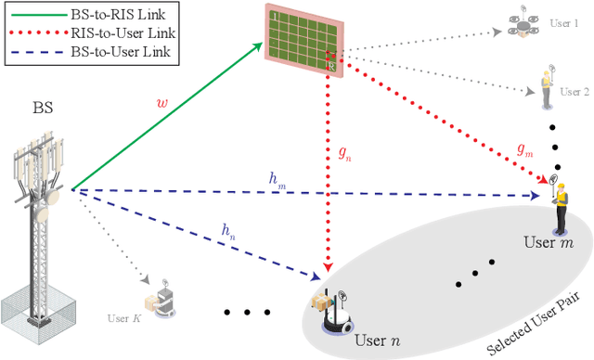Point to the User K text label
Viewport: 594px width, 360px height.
(x=124, y=291)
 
